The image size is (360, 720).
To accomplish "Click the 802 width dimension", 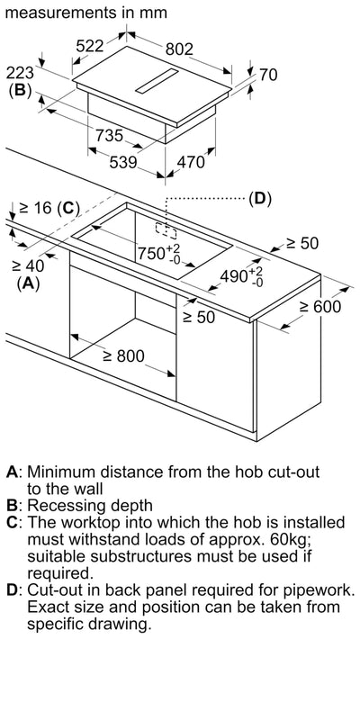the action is (x=179, y=49).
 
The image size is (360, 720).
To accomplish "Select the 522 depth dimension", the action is (x=90, y=46).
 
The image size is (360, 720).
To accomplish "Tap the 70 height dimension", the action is (x=268, y=75).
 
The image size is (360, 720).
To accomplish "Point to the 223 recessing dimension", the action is (x=21, y=73).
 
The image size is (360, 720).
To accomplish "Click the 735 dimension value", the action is (x=109, y=136).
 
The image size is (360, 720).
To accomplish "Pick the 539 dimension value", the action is (x=123, y=162).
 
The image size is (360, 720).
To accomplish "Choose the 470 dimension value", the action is (x=191, y=162).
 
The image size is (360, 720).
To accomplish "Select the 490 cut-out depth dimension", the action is (x=241, y=276).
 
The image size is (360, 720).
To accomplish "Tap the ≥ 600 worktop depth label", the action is (x=320, y=306).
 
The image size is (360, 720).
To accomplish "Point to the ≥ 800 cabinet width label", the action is (x=123, y=355).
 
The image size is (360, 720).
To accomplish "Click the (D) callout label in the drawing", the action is (x=260, y=199).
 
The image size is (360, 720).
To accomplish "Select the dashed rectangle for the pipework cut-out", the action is (x=166, y=231).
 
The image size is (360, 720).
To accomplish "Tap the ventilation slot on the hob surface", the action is (x=157, y=81).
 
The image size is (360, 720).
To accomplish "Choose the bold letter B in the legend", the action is (x=12, y=506).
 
